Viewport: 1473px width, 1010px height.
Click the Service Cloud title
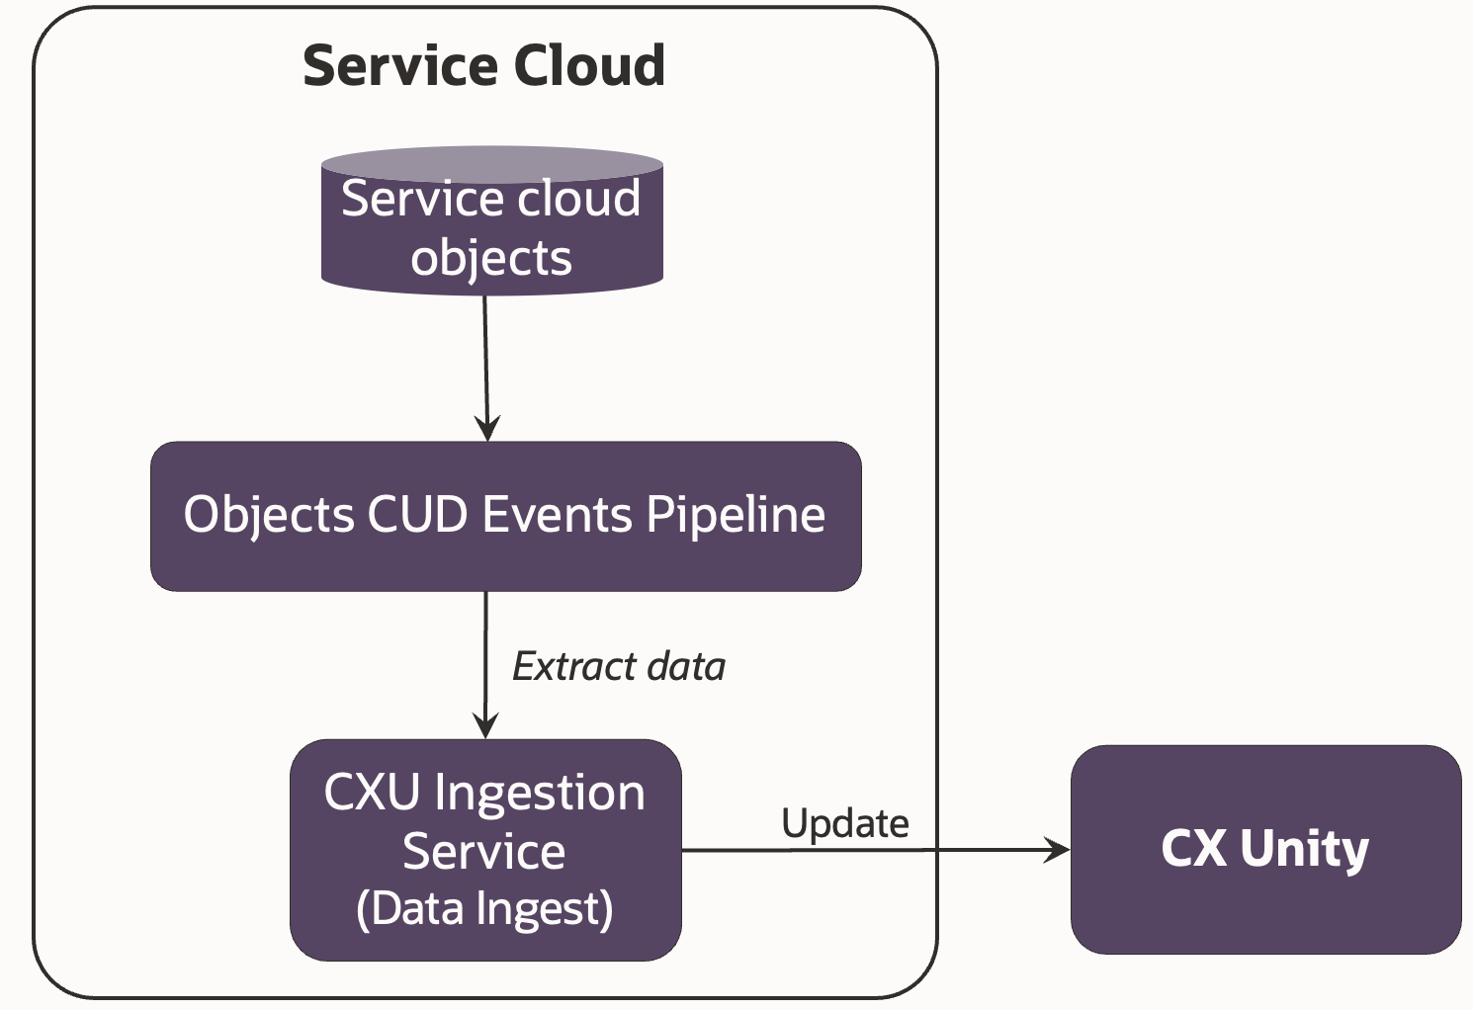point(483,66)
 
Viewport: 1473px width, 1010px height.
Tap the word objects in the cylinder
point(491,259)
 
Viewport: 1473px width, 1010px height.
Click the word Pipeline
point(736,515)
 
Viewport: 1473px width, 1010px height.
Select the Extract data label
point(619,667)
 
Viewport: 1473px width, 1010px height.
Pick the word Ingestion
point(539,793)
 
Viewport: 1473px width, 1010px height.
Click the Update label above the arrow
point(844,823)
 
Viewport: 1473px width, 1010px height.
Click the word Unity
point(1304,849)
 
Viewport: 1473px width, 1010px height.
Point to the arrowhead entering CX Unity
point(1059,850)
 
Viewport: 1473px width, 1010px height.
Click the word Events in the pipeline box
point(557,515)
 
